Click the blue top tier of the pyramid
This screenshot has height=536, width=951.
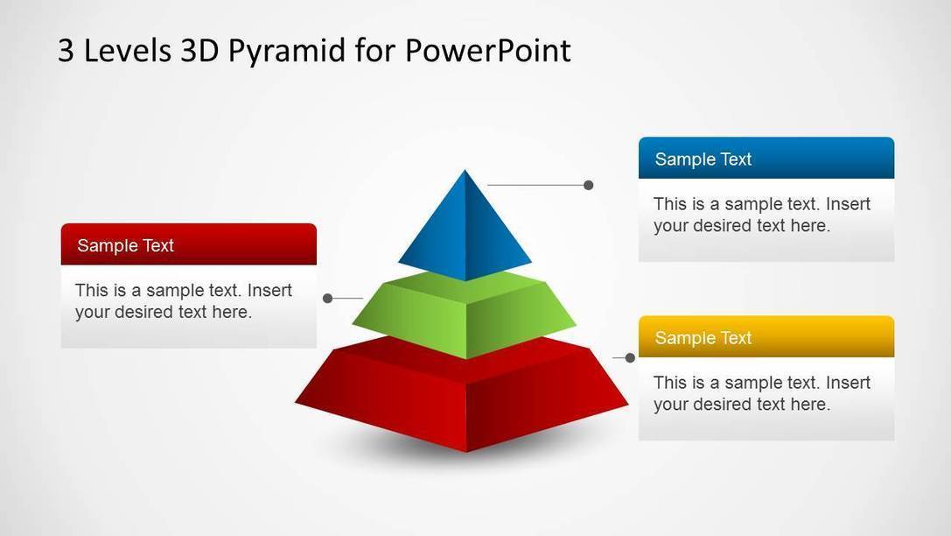pyautogui.click(x=465, y=230)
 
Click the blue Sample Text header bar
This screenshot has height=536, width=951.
pyautogui.click(x=766, y=159)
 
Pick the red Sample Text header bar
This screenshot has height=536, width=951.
pyautogui.click(x=189, y=244)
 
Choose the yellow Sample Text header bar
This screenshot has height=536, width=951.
pyautogui.click(x=766, y=337)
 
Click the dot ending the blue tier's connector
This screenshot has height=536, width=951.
pyautogui.click(x=588, y=185)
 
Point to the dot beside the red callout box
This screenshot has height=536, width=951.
pyautogui.click(x=328, y=298)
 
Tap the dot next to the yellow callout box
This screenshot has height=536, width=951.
pyautogui.click(x=630, y=358)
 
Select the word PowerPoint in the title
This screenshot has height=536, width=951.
pyautogui.click(x=487, y=50)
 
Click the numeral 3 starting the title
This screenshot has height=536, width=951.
pyautogui.click(x=66, y=51)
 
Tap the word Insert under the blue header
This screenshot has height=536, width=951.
pyautogui.click(x=848, y=204)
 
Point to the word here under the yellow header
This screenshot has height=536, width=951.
pyautogui.click(x=810, y=405)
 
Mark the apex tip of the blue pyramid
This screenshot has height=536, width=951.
pyautogui.click(x=465, y=170)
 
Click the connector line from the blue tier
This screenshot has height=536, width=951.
pyautogui.click(x=535, y=185)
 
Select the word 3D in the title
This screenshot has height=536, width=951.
pyautogui.click(x=199, y=51)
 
